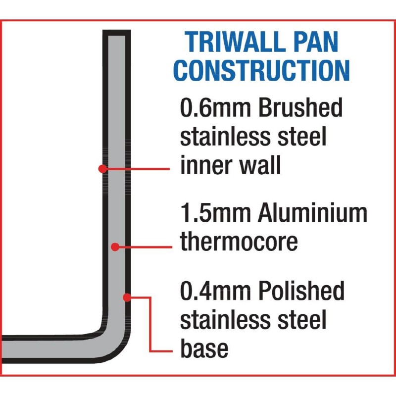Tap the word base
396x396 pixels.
[x=204, y=348]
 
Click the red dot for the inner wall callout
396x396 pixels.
[x=102, y=168]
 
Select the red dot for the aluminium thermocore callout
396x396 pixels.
[x=114, y=246]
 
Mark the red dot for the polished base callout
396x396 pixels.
[x=127, y=297]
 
